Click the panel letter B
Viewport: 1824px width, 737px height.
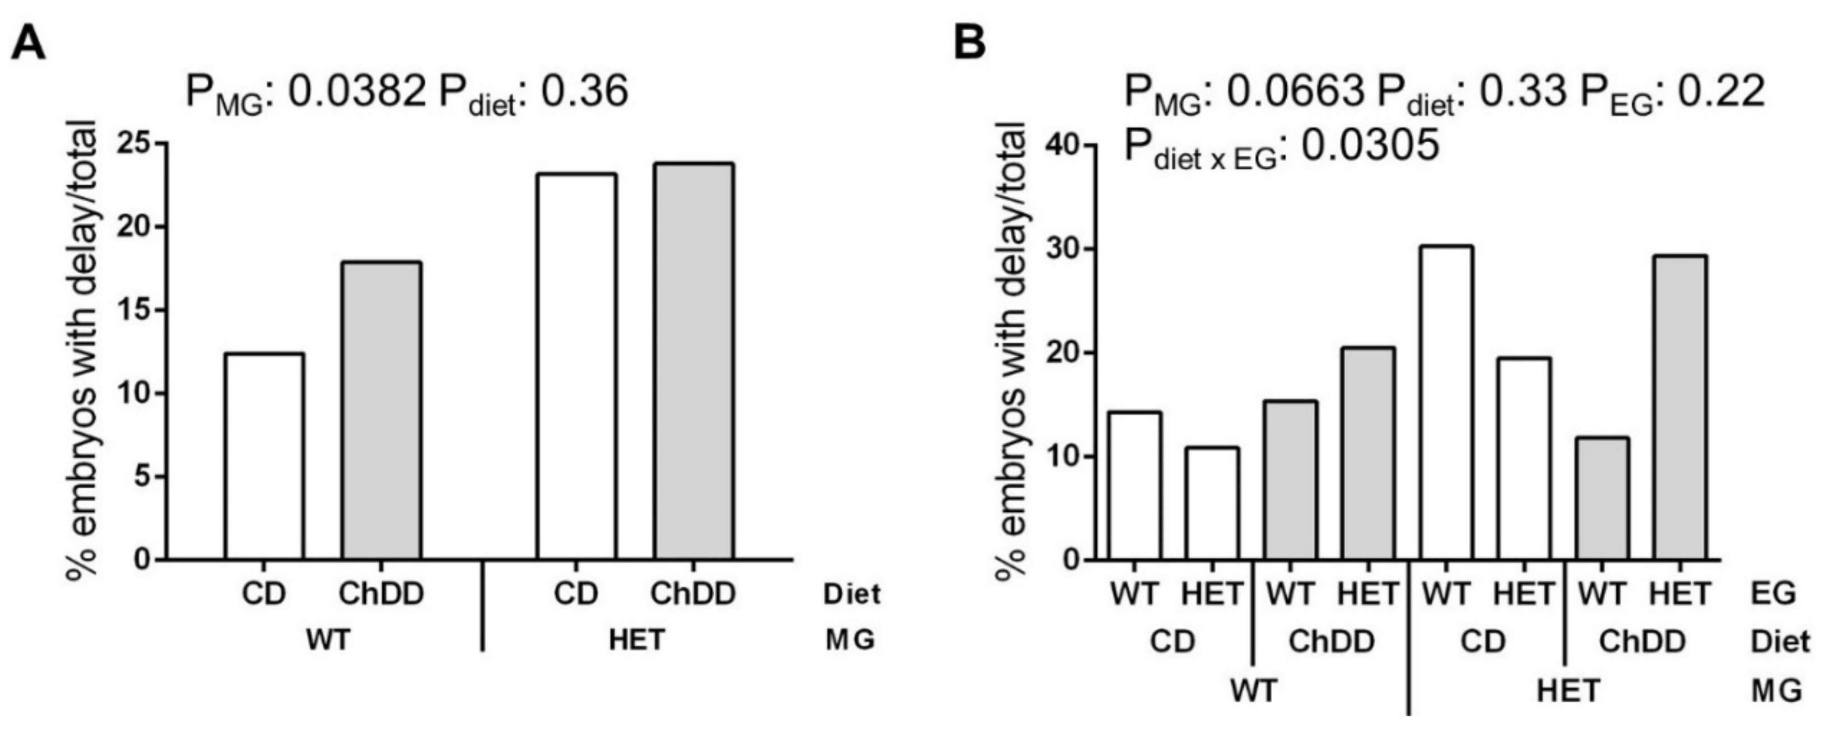point(969,44)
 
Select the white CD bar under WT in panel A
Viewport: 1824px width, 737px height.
point(264,456)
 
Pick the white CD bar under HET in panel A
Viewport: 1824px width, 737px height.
point(576,367)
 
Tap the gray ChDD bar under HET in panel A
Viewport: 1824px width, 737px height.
point(693,361)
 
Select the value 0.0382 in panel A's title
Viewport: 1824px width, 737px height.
point(357,92)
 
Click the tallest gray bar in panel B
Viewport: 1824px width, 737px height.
point(1679,408)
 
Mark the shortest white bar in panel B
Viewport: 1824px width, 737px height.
point(1212,503)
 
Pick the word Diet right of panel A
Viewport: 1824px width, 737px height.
point(852,595)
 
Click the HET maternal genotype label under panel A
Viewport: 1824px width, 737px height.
point(636,640)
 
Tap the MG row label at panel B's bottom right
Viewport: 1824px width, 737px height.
point(1776,691)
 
